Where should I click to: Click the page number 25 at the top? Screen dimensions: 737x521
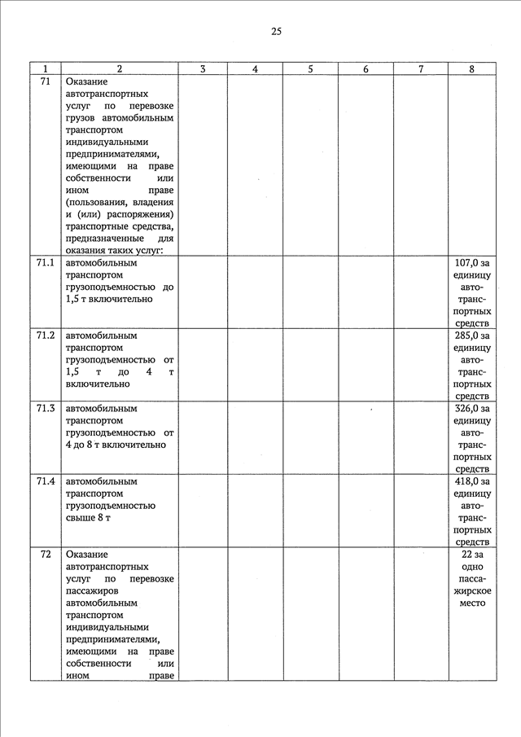coord(276,32)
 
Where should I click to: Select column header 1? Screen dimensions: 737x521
coord(46,69)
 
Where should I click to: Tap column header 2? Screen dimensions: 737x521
coord(120,69)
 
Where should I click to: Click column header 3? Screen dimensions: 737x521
coord(202,69)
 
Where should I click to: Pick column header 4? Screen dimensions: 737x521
coord(255,69)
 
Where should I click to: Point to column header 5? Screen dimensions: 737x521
coord(310,69)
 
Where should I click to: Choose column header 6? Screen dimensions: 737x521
coord(366,69)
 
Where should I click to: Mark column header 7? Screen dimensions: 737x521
coord(420,69)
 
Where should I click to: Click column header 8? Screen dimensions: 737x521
coord(472,69)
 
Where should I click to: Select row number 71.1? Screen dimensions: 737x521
coord(46,263)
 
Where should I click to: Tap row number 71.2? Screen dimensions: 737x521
coord(46,336)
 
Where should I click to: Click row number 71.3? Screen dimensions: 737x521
coord(46,408)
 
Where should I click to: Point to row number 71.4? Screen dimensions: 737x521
coord(46,481)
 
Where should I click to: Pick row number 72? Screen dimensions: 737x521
coord(46,554)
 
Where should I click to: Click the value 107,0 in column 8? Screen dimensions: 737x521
coord(465,263)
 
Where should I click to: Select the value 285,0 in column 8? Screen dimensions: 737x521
coord(465,336)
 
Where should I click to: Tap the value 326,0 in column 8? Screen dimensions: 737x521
coord(465,408)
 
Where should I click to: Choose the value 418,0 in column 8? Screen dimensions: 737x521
coord(465,481)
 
